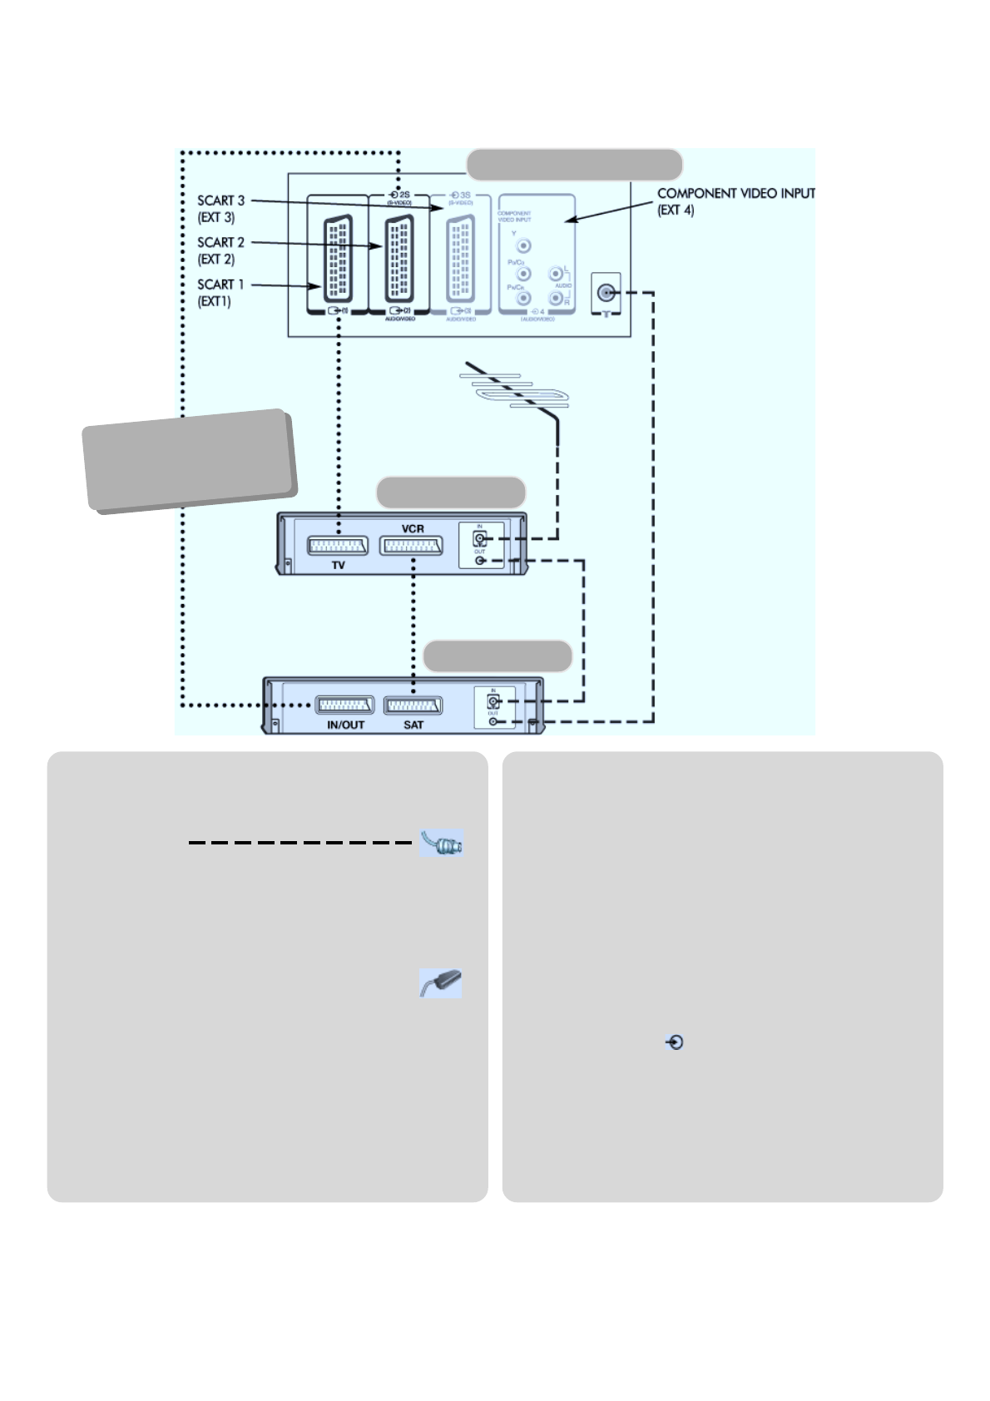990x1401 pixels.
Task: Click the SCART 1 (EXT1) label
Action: [x=220, y=293]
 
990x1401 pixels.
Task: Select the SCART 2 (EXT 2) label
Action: [x=220, y=250]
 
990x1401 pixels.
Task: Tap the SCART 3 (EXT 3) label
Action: [x=220, y=209]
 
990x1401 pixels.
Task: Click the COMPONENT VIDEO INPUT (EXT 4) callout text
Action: [x=735, y=201]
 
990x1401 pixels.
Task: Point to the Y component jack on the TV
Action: [x=523, y=246]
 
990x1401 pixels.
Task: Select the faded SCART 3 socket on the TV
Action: [x=461, y=259]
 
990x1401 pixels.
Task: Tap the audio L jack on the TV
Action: [x=556, y=274]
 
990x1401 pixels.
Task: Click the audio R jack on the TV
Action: [x=556, y=297]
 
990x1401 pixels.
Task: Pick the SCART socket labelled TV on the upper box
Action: [x=338, y=546]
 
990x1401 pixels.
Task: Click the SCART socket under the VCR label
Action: [x=411, y=546]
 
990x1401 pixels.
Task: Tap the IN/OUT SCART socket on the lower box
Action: [x=344, y=705]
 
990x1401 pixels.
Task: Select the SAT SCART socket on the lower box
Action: [x=413, y=706]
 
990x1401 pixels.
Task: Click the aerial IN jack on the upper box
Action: [x=480, y=538]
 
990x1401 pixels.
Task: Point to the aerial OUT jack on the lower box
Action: [x=493, y=721]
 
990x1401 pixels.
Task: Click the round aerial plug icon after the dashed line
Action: [x=442, y=844]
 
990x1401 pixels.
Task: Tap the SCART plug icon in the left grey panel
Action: [x=441, y=983]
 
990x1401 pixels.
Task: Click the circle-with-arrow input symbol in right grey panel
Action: [x=675, y=1042]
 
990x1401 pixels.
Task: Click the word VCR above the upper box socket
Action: [x=413, y=529]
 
